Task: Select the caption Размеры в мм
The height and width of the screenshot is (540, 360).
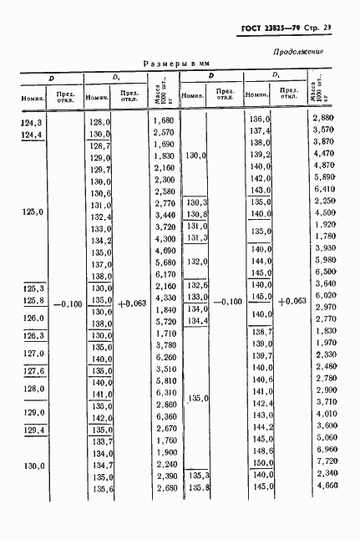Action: (x=180, y=63)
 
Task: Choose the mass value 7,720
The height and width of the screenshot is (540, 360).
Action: (x=323, y=461)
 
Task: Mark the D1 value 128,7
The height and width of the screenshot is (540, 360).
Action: (x=100, y=145)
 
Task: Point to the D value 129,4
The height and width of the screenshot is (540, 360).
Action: (x=33, y=430)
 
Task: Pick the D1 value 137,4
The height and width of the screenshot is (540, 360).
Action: (x=261, y=131)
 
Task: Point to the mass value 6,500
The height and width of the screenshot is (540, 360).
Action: (x=323, y=273)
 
